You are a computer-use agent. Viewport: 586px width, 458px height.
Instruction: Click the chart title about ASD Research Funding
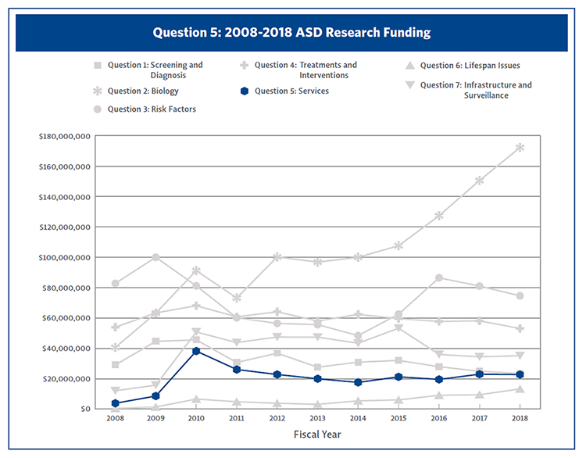291,33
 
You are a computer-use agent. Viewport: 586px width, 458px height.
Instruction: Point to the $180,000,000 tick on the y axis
66,137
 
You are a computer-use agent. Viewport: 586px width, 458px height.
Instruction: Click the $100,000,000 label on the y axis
66,257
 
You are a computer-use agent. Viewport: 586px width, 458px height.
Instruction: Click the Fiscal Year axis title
316,435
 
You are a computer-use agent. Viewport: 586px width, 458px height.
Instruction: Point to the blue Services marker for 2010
196,351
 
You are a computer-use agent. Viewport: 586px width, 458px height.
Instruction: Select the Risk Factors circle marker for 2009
156,257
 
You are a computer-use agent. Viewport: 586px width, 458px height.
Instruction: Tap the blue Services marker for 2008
116,403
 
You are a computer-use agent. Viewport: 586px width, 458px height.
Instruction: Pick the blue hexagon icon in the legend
245,91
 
